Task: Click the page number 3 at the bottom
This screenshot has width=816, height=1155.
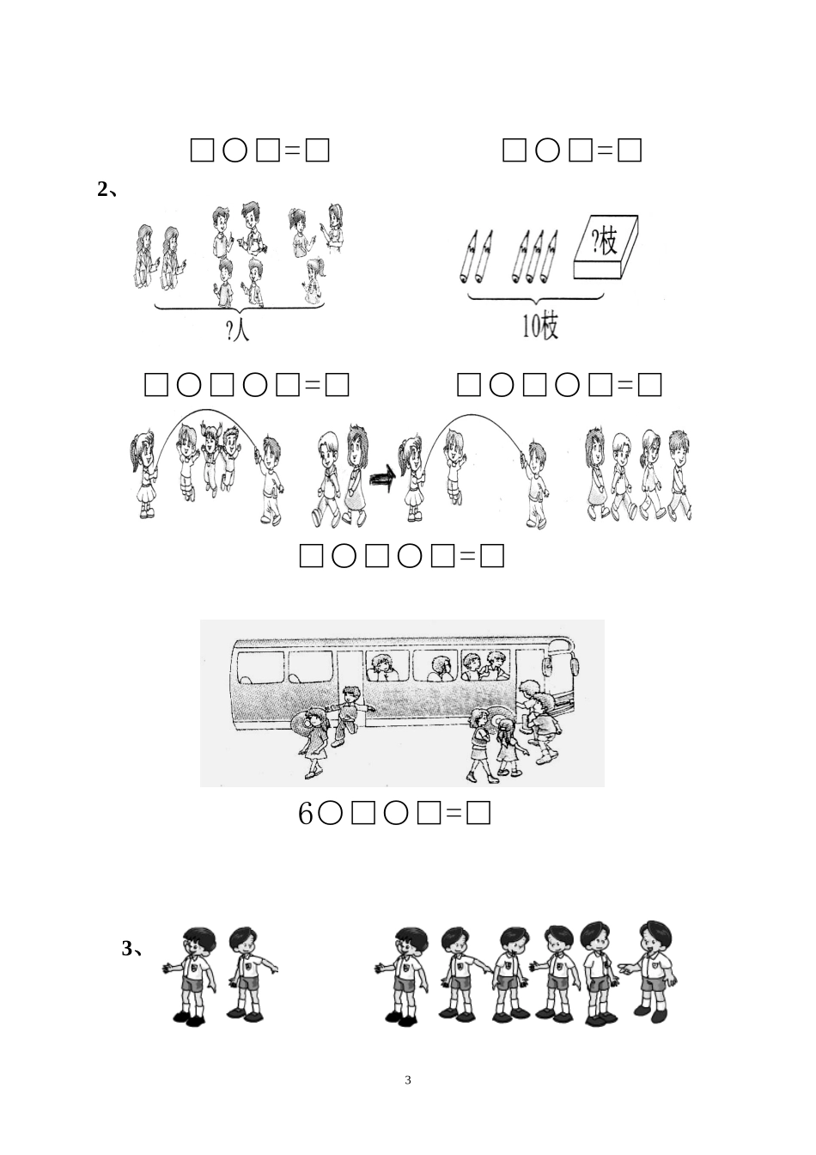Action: point(408,1080)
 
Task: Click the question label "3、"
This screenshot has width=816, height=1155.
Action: point(131,949)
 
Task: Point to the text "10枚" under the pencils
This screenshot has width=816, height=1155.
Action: point(540,327)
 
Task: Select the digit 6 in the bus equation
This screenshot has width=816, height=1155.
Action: point(305,814)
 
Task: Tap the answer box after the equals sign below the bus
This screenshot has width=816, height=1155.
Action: point(478,813)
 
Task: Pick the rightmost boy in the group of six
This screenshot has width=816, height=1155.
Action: point(654,971)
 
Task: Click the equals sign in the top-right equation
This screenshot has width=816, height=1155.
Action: point(605,151)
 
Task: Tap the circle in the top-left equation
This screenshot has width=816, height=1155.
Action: point(235,151)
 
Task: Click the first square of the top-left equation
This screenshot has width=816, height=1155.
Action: point(202,151)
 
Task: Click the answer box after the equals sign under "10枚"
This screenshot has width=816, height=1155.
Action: point(650,385)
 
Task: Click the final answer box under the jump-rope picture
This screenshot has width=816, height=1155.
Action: point(492,556)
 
